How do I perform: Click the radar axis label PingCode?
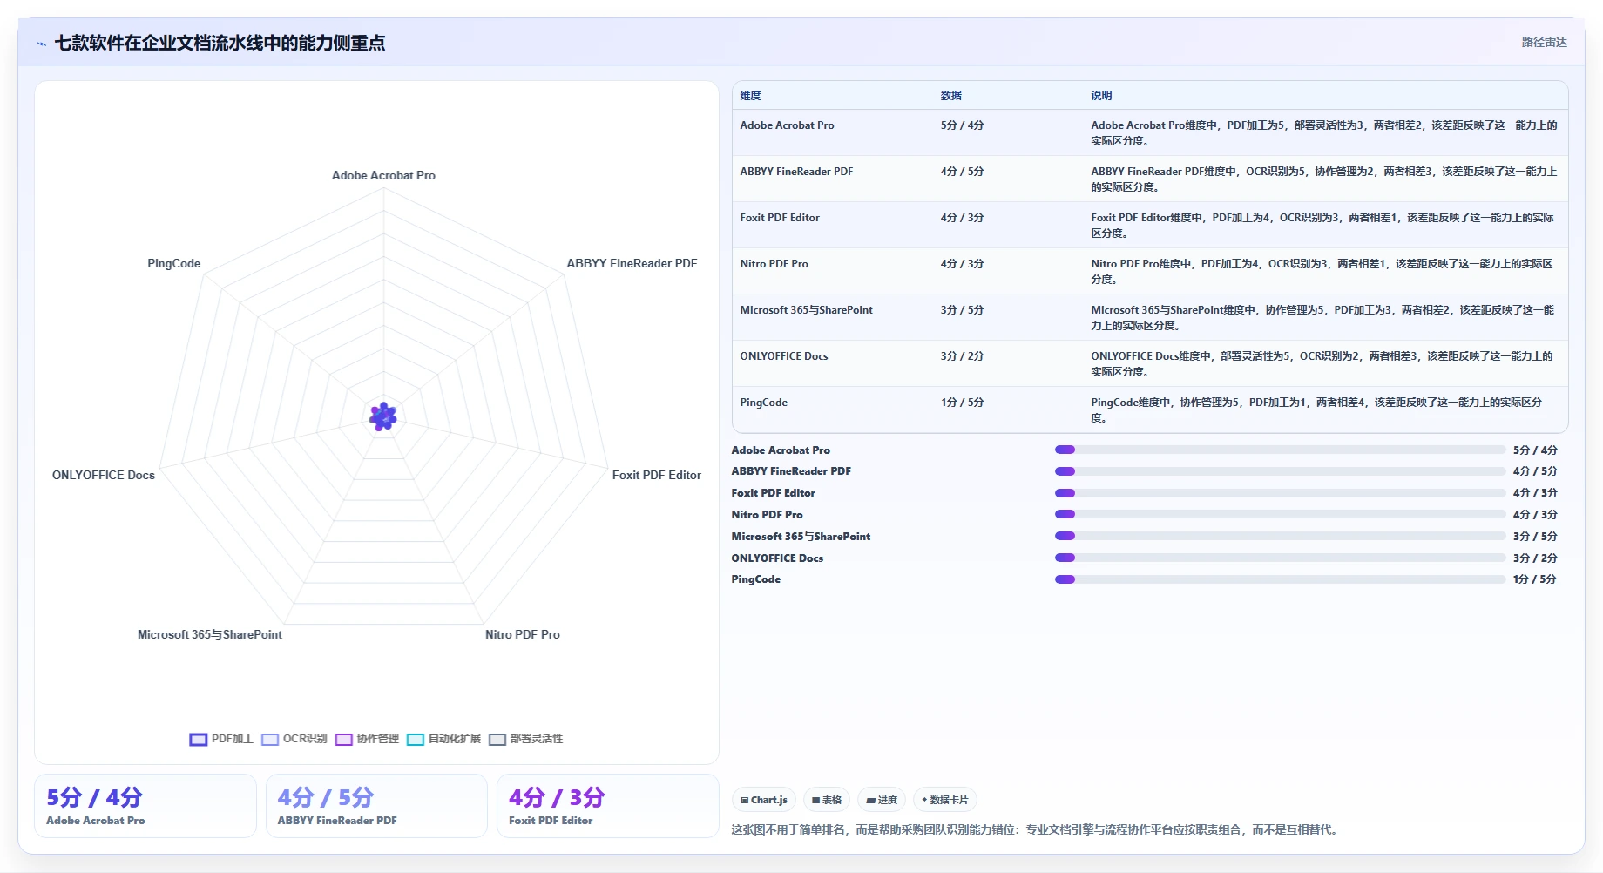[x=173, y=263]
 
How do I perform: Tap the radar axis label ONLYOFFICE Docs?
[x=104, y=475]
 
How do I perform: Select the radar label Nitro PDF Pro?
[x=523, y=634]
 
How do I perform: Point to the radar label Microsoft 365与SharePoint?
[x=210, y=634]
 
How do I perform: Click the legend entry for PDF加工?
[x=221, y=739]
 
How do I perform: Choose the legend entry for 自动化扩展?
[x=443, y=739]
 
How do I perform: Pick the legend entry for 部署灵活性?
[x=525, y=739]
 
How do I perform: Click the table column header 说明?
[x=1101, y=96]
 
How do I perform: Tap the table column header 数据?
[x=950, y=96]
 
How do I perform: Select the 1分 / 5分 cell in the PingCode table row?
[x=962, y=403]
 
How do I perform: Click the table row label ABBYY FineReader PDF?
[x=796, y=172]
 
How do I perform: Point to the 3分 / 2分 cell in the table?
[x=962, y=356]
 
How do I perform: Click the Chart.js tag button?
[x=763, y=800]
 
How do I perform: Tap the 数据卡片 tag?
[x=944, y=800]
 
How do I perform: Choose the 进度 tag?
[x=882, y=800]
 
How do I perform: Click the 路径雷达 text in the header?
[x=1544, y=42]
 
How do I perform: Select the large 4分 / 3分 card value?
[x=557, y=797]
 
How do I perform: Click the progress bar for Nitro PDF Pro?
[x=1280, y=514]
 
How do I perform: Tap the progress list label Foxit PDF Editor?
[x=773, y=493]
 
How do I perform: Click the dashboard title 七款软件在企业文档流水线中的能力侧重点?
[x=220, y=43]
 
